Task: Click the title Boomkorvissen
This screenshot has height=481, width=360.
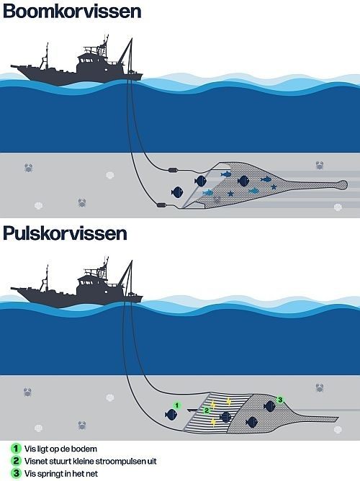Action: [x=72, y=11]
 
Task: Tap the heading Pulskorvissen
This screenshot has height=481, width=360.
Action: [x=65, y=233]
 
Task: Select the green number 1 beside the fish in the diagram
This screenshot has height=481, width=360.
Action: [x=176, y=405]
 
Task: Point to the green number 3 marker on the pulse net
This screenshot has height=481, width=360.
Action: [x=280, y=400]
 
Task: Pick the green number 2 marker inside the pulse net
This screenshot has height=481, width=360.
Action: [x=207, y=410]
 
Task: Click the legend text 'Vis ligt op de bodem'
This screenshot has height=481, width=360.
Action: [x=60, y=449]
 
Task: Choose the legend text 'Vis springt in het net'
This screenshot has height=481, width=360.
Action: [x=61, y=473]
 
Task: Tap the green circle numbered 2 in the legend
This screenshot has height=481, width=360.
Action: [x=16, y=461]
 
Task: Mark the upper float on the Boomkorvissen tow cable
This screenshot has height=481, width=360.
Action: [x=174, y=169]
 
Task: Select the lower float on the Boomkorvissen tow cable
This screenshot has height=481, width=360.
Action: [x=162, y=204]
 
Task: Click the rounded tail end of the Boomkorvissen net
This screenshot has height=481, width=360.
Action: [x=343, y=184]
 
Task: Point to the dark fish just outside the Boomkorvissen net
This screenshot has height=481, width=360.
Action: [x=177, y=192]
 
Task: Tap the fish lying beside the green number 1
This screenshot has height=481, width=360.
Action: [x=171, y=415]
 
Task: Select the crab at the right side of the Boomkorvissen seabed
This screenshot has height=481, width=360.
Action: [x=320, y=165]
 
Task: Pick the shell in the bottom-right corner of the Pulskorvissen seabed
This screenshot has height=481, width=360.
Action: [x=338, y=430]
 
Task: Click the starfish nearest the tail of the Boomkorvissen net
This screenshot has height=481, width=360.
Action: [x=274, y=186]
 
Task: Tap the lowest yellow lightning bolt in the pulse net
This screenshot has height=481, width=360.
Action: [x=213, y=423]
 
